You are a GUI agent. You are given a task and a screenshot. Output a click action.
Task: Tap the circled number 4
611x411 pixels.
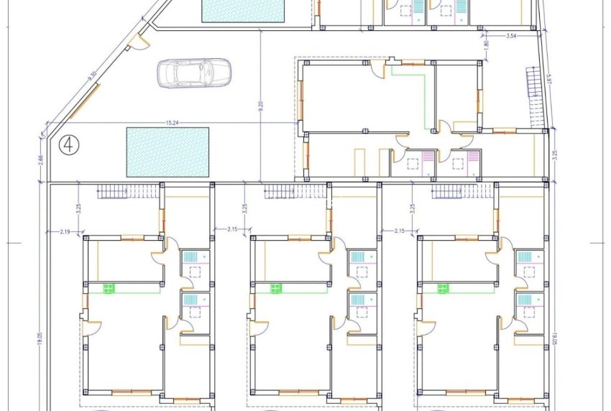pyautogui.click(x=70, y=144)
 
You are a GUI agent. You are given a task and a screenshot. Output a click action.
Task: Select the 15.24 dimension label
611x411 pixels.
pyautogui.click(x=170, y=122)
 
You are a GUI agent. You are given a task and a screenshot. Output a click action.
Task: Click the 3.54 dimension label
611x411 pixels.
pyautogui.click(x=511, y=34)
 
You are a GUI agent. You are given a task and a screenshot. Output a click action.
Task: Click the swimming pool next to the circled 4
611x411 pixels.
pyautogui.click(x=167, y=152)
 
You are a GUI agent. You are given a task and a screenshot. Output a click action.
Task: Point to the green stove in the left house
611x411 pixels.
pyautogui.click(x=109, y=288)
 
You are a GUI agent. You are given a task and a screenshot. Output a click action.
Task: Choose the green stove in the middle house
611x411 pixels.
pyautogui.click(x=276, y=288)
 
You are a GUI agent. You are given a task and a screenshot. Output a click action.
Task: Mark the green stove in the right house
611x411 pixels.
pyautogui.click(x=443, y=288)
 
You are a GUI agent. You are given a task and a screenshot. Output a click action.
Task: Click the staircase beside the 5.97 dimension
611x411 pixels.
pyautogui.click(x=534, y=80)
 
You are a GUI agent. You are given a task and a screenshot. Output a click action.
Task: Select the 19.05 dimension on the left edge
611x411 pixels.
pyautogui.click(x=40, y=331)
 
